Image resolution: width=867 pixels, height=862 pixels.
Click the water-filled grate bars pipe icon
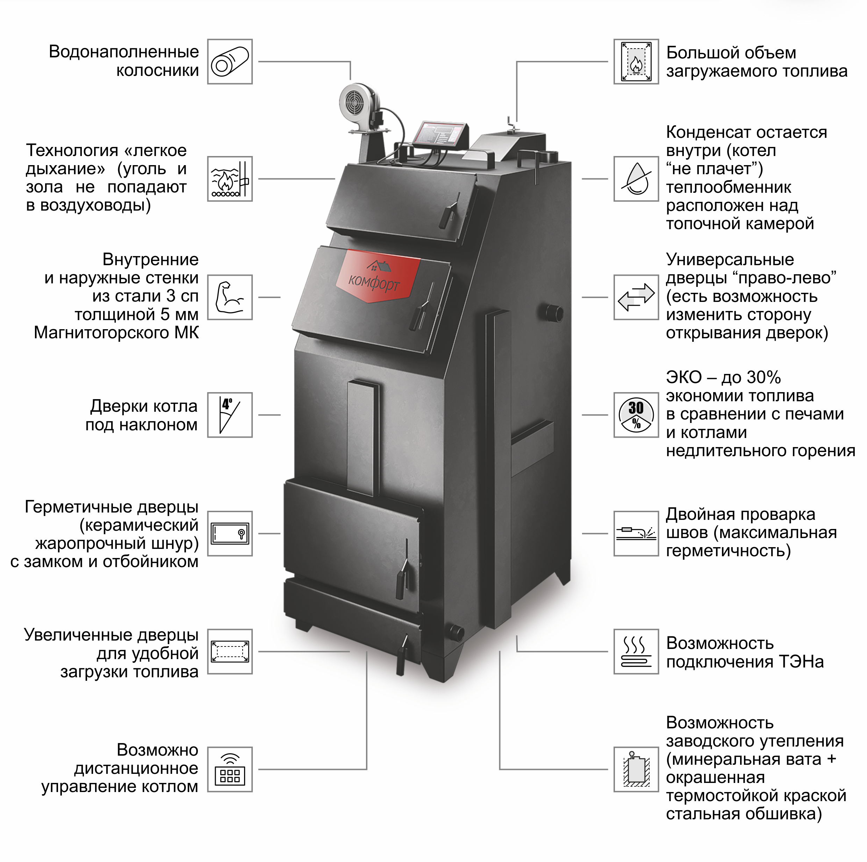click(230, 62)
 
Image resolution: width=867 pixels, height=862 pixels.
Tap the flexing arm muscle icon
click(230, 297)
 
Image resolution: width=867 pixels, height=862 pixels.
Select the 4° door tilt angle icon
click(230, 415)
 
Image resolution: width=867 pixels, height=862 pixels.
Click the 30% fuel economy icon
click(636, 415)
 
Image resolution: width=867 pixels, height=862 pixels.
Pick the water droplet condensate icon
click(636, 179)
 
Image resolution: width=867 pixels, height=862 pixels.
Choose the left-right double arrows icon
click(636, 297)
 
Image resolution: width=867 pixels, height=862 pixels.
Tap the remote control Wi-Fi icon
click(230, 770)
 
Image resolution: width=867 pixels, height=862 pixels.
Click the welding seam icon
click(636, 534)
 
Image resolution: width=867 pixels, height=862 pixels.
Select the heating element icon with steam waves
click(636, 651)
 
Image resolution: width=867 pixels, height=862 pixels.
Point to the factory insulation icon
click(636, 770)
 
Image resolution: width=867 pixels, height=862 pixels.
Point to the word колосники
click(157, 70)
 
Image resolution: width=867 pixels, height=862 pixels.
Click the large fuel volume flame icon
click(636, 62)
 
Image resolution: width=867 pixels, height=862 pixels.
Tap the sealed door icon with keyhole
click(230, 534)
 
